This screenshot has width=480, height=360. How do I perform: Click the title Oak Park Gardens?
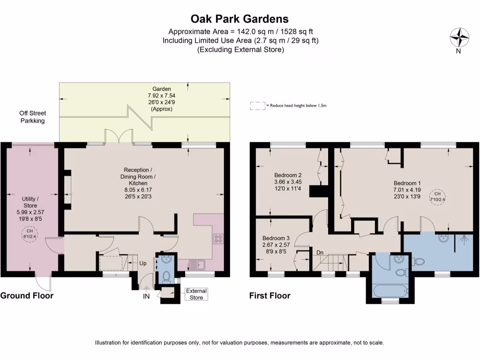pyautogui.click(x=240, y=19)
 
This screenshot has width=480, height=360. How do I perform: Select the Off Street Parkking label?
pyautogui.click(x=32, y=117)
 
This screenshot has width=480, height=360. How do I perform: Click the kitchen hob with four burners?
pyautogui.click(x=218, y=239)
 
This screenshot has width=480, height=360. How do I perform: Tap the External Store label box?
pyautogui.click(x=196, y=294)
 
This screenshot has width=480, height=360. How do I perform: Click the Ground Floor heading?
pyautogui.click(x=27, y=296)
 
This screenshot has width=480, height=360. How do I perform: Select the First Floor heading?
pyautogui.click(x=270, y=296)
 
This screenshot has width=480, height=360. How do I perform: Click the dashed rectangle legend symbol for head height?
pyautogui.click(x=257, y=106)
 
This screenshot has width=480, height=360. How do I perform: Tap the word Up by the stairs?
pyautogui.click(x=142, y=263)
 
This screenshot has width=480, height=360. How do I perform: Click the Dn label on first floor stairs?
pyautogui.click(x=321, y=252)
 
